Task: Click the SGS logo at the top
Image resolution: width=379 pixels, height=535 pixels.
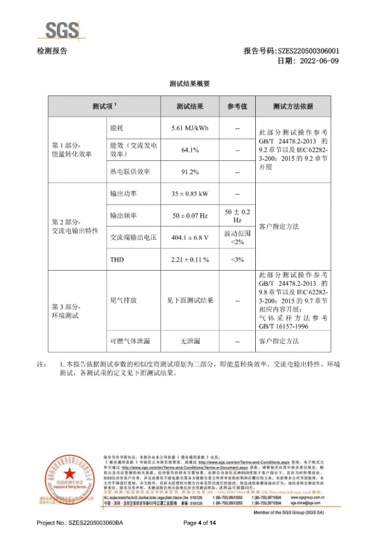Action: [61, 29]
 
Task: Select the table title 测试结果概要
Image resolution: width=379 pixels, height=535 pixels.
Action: [189, 83]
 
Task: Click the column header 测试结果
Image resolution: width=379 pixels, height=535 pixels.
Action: [189, 107]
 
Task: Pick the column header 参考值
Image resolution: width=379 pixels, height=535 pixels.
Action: [237, 107]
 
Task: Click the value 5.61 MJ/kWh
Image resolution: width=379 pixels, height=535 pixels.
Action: [189, 128]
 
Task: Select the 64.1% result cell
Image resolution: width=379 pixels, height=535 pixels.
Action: [189, 150]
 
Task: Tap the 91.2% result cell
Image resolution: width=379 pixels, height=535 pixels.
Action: [189, 172]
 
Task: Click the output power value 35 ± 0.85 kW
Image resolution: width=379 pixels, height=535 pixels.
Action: [189, 194]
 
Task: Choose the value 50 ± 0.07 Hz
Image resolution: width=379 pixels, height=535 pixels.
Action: [189, 216]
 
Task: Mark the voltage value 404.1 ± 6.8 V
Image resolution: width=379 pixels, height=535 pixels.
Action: [189, 238]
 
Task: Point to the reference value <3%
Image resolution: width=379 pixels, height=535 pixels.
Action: [237, 259]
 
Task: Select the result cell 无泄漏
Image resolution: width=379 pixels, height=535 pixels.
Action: [189, 341]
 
